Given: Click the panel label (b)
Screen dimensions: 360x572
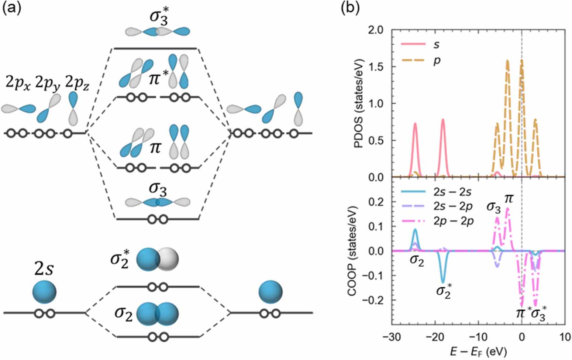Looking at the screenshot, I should (350, 8).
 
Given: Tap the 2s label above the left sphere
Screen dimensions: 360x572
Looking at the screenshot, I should (44, 270).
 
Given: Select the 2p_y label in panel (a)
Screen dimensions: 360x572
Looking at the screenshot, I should (48, 84).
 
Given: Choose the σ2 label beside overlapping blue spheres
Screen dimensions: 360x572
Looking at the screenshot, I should (123, 314).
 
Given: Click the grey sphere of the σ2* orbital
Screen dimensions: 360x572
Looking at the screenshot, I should (168, 260).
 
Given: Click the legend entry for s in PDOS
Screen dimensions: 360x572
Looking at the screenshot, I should (437, 45).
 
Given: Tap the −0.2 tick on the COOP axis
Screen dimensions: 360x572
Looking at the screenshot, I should (374, 300).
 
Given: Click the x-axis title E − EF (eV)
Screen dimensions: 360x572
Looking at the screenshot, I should (478, 351).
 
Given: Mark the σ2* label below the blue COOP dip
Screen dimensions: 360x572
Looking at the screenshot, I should (444, 292).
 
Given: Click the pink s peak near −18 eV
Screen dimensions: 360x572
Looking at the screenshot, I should (442, 120).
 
